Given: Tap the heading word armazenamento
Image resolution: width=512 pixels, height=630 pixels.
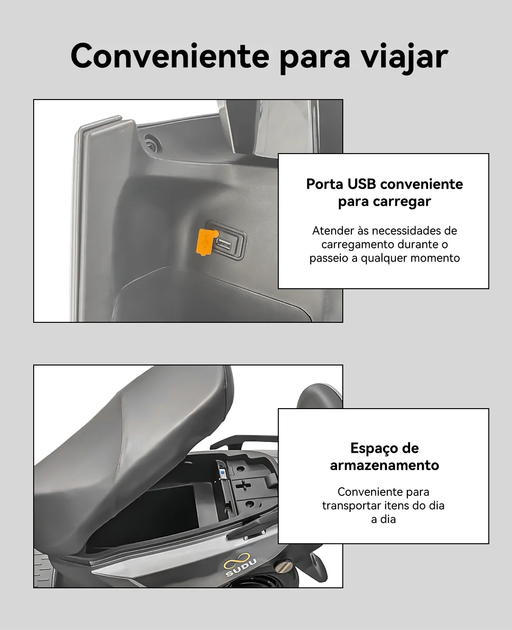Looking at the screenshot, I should tap(384, 465).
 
